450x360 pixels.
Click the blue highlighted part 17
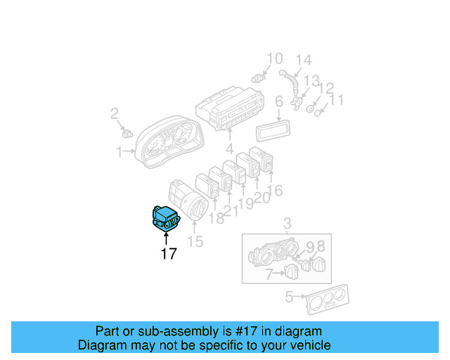coord(166,219)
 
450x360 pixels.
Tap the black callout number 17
coord(169,254)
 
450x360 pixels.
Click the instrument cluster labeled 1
coord(169,142)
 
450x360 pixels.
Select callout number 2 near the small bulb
coord(115,114)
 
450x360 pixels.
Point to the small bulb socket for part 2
coord(127,134)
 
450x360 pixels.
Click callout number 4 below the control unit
coord(230,149)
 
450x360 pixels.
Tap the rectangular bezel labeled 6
coord(273,131)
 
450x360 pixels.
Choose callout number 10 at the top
coord(275,59)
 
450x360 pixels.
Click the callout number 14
coord(304,60)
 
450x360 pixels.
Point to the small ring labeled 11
coord(317,113)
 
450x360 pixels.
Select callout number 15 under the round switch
coord(195,241)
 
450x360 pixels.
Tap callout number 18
coord(217,219)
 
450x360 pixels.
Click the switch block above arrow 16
coord(261,160)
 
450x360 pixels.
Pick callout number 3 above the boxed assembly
coord(288,224)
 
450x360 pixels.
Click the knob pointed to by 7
coord(291,271)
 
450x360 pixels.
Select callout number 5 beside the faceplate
coord(289,297)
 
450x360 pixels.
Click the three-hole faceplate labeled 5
coord(328,300)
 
